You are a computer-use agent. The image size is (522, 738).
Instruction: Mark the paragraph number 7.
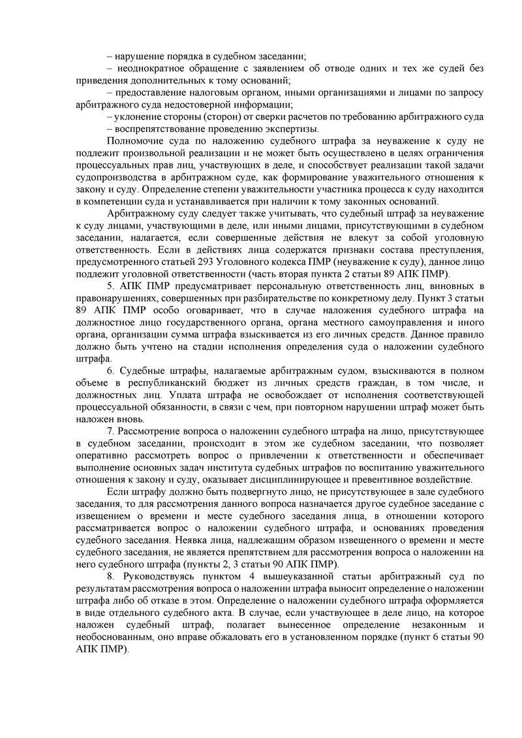pyautogui.click(x=109, y=432)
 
